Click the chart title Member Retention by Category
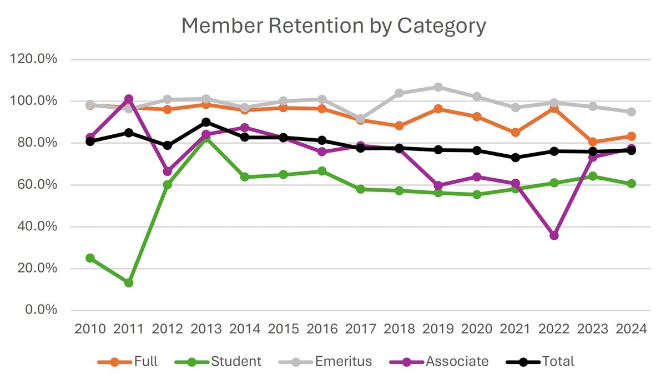click(x=333, y=26)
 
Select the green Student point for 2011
click(x=129, y=282)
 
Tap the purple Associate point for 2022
click(x=554, y=235)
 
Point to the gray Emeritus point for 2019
click(x=438, y=87)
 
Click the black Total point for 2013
click(x=206, y=122)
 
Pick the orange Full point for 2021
click(x=515, y=133)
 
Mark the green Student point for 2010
click(x=90, y=258)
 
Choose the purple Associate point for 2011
click(x=129, y=99)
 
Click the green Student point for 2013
click(x=206, y=139)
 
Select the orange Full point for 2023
click(x=593, y=142)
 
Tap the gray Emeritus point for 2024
click(x=631, y=112)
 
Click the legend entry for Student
click(x=235, y=362)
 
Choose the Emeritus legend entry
click(x=343, y=362)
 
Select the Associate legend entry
click(x=457, y=362)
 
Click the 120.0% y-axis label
click(x=34, y=59)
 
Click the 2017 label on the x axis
click(x=361, y=329)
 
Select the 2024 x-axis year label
click(x=631, y=329)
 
